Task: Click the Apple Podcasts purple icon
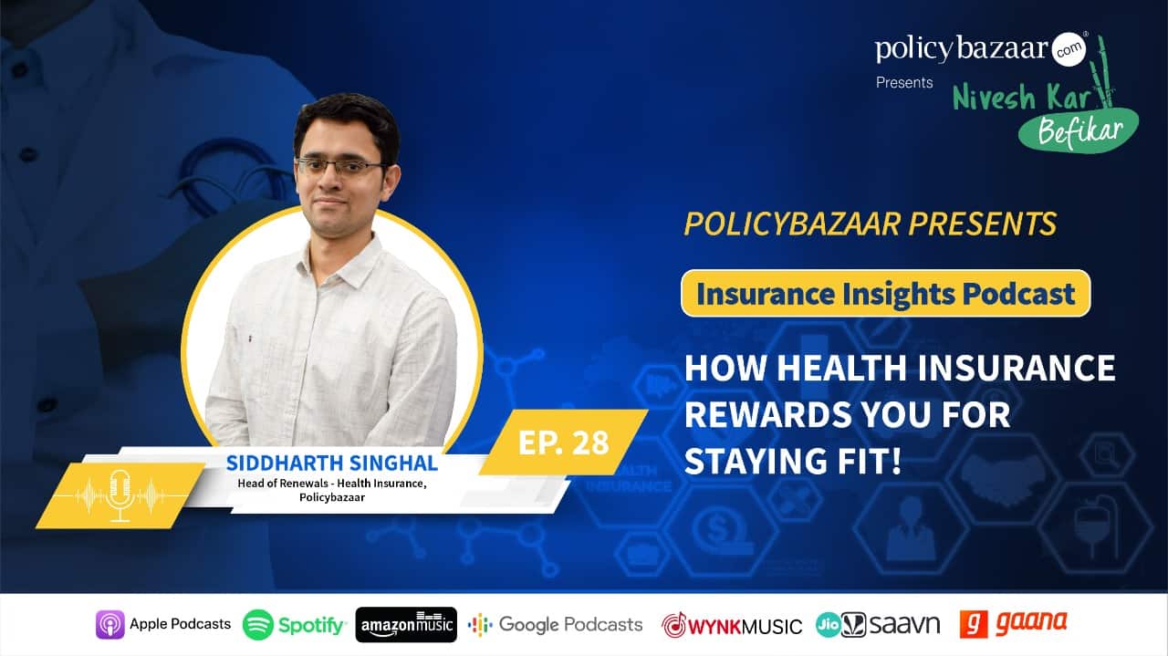[110, 624]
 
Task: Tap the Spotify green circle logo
[257, 624]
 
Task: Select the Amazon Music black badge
[406, 624]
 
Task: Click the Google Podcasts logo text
[570, 624]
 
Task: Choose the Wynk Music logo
[732, 625]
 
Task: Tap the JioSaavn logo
[878, 625]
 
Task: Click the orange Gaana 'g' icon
[974, 624]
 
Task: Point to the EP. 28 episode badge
[563, 443]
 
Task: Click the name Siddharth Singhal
[331, 463]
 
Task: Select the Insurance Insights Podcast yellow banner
[885, 293]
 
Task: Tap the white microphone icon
[120, 495]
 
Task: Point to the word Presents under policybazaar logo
[904, 82]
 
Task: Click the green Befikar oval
[1079, 130]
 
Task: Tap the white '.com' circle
[1069, 49]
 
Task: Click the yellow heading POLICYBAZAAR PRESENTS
[871, 224]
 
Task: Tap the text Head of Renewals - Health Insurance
[332, 484]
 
